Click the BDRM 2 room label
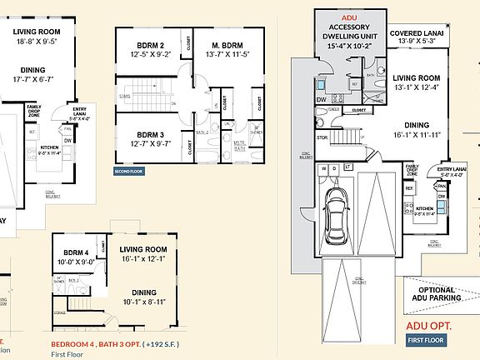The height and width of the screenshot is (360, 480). click(149, 44)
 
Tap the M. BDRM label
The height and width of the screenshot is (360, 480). click(227, 44)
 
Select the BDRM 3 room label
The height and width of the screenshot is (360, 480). click(149, 133)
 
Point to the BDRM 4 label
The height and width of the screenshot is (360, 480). click(77, 252)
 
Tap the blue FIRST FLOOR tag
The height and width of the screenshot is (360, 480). click(426, 340)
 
